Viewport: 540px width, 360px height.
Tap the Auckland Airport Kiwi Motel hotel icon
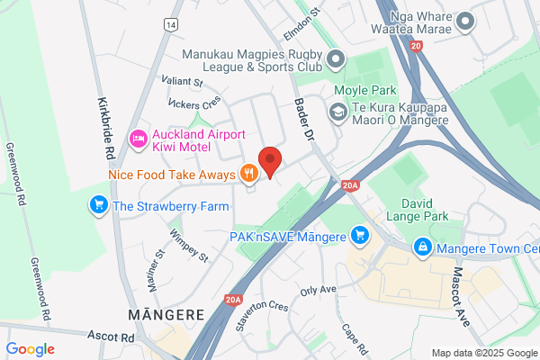pyautogui.click(x=138, y=138)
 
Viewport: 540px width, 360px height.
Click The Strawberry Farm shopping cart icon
pyautogui.click(x=97, y=206)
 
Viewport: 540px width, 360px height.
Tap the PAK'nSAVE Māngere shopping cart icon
pyautogui.click(x=360, y=236)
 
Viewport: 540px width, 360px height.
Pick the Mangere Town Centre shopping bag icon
pyautogui.click(x=421, y=246)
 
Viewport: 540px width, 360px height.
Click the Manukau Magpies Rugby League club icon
pyautogui.click(x=336, y=61)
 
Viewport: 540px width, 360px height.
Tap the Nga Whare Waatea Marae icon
pyautogui.click(x=464, y=21)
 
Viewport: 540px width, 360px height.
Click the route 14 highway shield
pyautogui.click(x=169, y=24)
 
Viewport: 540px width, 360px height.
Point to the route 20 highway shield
pyautogui.click(x=414, y=44)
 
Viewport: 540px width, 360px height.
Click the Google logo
pyautogui.click(x=30, y=348)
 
